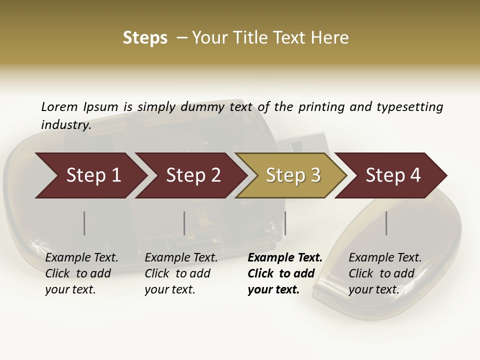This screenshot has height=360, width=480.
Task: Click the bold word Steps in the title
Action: [x=145, y=38]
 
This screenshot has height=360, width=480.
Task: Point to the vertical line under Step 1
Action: [x=84, y=223]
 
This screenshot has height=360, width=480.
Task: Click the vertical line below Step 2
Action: [x=184, y=223]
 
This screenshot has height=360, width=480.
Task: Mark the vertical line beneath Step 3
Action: [x=285, y=223]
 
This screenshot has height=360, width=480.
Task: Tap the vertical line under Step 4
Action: [x=386, y=223]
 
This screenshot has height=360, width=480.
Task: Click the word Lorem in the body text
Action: [x=59, y=106]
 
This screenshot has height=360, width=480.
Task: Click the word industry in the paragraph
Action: [x=65, y=124]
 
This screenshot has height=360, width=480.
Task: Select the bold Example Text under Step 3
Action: [x=285, y=258]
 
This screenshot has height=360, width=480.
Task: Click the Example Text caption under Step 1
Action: [x=81, y=258]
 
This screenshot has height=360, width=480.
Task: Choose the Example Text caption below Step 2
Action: [x=181, y=258]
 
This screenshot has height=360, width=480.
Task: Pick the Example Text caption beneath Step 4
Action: [x=385, y=258]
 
